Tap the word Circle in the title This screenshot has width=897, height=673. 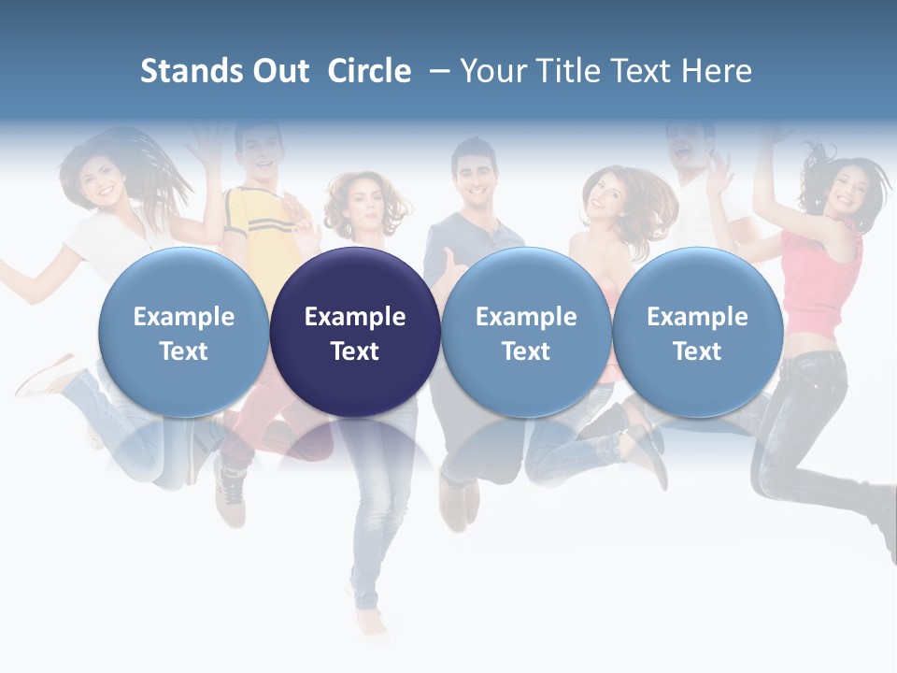click(369, 71)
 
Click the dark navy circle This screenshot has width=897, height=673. click(355, 333)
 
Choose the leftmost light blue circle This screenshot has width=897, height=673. click(183, 333)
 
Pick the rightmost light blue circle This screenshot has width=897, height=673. click(697, 333)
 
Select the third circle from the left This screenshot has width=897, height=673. click(526, 333)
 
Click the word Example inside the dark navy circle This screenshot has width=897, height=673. click(355, 317)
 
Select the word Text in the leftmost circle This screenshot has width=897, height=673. click(183, 351)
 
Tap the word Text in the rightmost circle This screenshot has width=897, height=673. click(697, 351)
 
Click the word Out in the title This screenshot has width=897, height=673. click(281, 71)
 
